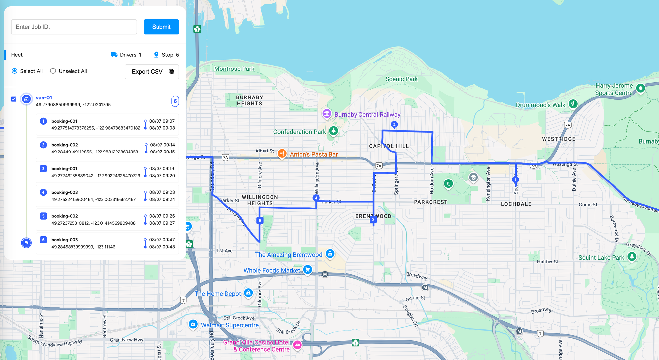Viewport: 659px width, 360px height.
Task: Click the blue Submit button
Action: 161,27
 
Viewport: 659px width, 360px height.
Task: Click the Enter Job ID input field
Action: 74,27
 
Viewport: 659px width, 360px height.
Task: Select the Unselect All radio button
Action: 53,71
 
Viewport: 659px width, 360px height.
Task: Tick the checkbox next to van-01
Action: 14,99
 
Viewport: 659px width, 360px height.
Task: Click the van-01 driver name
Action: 44,97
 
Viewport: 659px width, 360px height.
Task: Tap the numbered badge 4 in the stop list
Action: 43,192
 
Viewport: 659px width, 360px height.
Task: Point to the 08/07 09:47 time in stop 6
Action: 162,240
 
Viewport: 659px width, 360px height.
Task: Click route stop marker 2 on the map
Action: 394,125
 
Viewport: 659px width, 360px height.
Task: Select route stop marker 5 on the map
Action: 260,220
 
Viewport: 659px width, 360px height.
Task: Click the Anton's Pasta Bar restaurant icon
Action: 282,153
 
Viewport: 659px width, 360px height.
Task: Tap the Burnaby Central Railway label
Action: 367,115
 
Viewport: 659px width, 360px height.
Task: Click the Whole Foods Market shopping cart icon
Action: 307,270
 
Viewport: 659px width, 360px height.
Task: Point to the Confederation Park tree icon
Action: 333,131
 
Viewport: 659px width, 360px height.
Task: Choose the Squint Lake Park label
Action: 601,258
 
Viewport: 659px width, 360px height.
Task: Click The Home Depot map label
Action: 218,294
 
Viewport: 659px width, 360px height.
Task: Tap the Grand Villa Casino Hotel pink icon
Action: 297,345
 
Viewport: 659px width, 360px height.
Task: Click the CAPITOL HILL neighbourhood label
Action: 389,146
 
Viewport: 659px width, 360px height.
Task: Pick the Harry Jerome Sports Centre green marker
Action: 640,88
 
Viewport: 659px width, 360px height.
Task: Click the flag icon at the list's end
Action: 26,243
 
